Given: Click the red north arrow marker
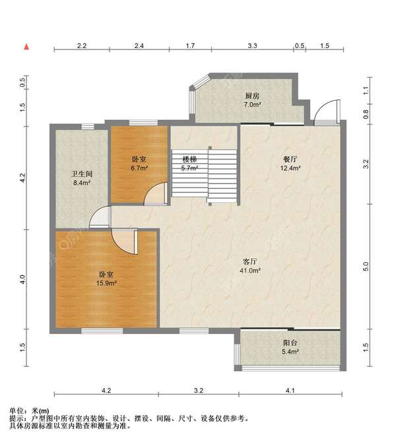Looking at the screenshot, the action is tap(26, 47).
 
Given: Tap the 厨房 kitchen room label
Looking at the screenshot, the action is tap(252, 96).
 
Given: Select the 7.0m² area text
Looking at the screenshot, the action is tap(252, 105).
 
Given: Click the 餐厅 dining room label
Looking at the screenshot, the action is tap(290, 159).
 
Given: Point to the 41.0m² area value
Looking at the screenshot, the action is tap(250, 271).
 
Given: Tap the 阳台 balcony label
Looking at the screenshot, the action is tap(290, 343).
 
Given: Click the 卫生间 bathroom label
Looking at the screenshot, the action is tap(82, 174).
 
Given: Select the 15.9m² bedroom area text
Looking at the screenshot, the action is tap(106, 283).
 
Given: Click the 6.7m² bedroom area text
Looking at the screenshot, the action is tap(139, 168).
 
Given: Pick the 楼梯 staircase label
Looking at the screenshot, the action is tap(189, 159).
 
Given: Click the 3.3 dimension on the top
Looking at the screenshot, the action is tap(252, 45).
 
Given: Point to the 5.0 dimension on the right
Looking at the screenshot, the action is tap(366, 266).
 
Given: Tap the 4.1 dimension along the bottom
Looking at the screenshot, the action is tap(290, 391).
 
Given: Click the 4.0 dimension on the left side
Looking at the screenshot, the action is tap(22, 279).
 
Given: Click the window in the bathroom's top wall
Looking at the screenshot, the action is tap(88, 126).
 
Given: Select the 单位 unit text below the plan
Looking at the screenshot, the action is tap(16, 410).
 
